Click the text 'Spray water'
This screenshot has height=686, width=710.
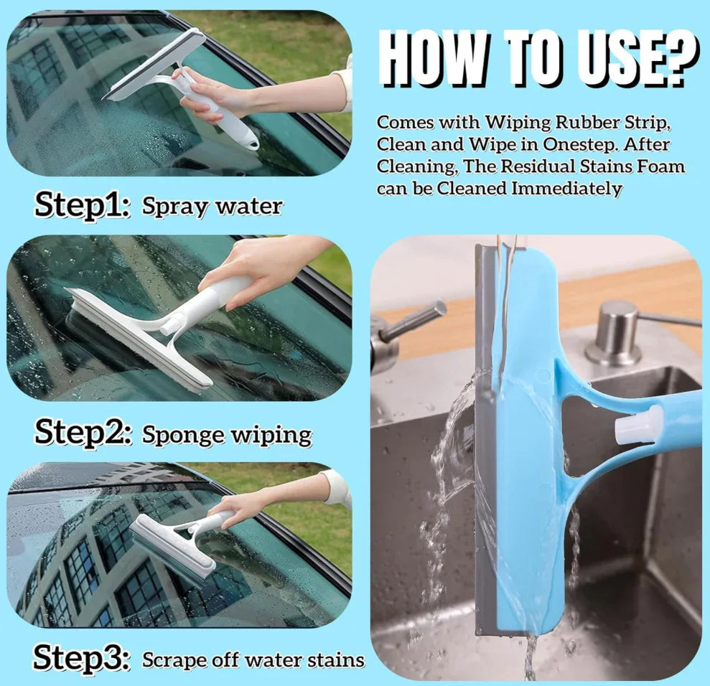(x=212, y=207)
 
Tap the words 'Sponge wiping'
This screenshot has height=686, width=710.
(x=227, y=434)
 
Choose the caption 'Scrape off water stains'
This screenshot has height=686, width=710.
(x=253, y=659)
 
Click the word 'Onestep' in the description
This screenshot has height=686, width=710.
(x=575, y=144)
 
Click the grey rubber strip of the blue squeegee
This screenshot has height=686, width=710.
(x=485, y=431)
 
